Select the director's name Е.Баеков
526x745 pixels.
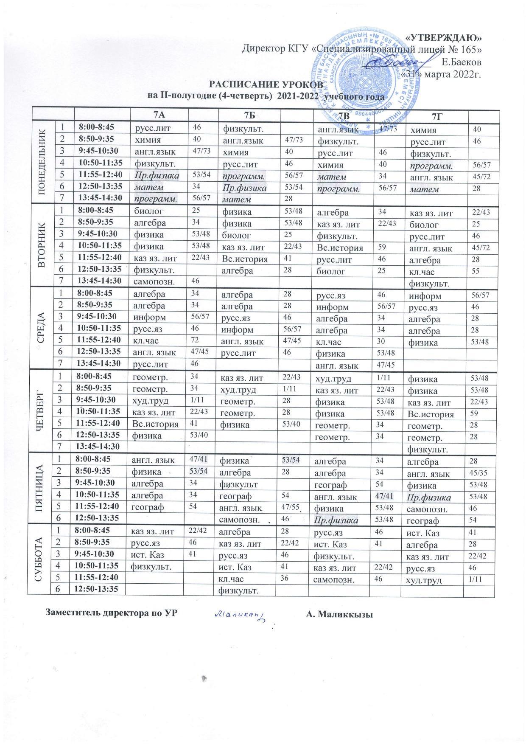tap(461, 62)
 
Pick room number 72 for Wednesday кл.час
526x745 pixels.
tap(196, 341)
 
